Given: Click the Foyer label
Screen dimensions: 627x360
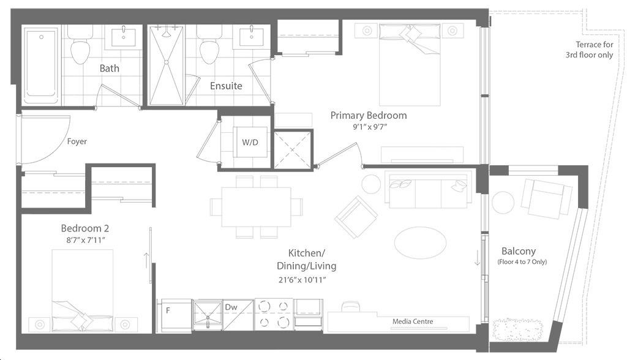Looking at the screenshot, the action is (77, 141).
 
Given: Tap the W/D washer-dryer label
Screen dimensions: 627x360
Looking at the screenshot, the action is (250, 142).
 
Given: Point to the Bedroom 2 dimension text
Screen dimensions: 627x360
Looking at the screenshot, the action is (86, 240).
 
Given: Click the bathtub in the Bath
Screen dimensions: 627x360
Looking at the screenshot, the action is (42, 65).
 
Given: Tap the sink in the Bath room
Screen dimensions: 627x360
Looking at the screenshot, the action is (123, 37).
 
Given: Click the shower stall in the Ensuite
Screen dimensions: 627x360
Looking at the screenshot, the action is (166, 66).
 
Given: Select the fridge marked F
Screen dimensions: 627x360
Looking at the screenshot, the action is (176, 315).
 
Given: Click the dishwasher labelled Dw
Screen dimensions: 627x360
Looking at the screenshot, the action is (238, 315).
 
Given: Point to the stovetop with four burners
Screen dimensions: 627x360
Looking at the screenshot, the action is (274, 315).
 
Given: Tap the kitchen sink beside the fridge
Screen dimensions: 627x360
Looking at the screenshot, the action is (208, 315).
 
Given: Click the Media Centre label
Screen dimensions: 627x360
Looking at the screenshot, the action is (413, 321).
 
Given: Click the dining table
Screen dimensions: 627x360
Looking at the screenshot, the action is (257, 207).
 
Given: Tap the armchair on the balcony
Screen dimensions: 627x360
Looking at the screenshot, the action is (547, 198).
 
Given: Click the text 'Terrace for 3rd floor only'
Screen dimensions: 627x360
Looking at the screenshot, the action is (590, 50).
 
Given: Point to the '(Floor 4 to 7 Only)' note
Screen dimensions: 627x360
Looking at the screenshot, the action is (522, 262).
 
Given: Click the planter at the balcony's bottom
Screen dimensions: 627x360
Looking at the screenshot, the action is (517, 329).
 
